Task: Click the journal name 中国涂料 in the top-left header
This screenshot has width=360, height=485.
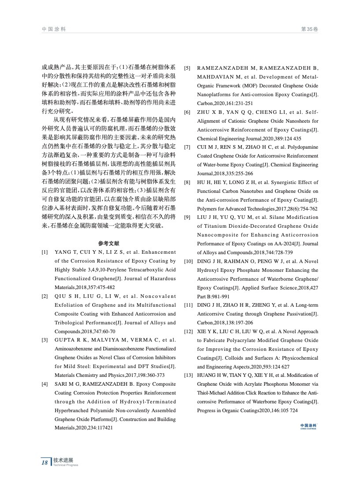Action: pos(54,29)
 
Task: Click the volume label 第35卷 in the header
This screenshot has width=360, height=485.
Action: pos(309,29)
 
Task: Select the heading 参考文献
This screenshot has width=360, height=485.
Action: pos(109,243)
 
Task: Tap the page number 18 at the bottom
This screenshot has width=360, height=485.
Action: pos(44,462)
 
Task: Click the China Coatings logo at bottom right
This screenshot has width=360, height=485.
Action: pos(308,426)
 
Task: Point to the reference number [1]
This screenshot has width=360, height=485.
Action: pos(45,252)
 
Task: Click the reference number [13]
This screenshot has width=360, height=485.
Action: pos(188,375)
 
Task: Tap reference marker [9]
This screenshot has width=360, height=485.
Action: pos(187,217)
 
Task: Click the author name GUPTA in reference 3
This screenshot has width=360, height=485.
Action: pos(65,340)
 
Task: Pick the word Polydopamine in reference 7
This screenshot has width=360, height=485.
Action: pos(302,147)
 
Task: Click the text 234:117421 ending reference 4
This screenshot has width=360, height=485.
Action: pos(100,428)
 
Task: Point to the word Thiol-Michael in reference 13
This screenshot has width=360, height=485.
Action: pos(211,393)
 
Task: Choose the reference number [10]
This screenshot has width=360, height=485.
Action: pos(188,261)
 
